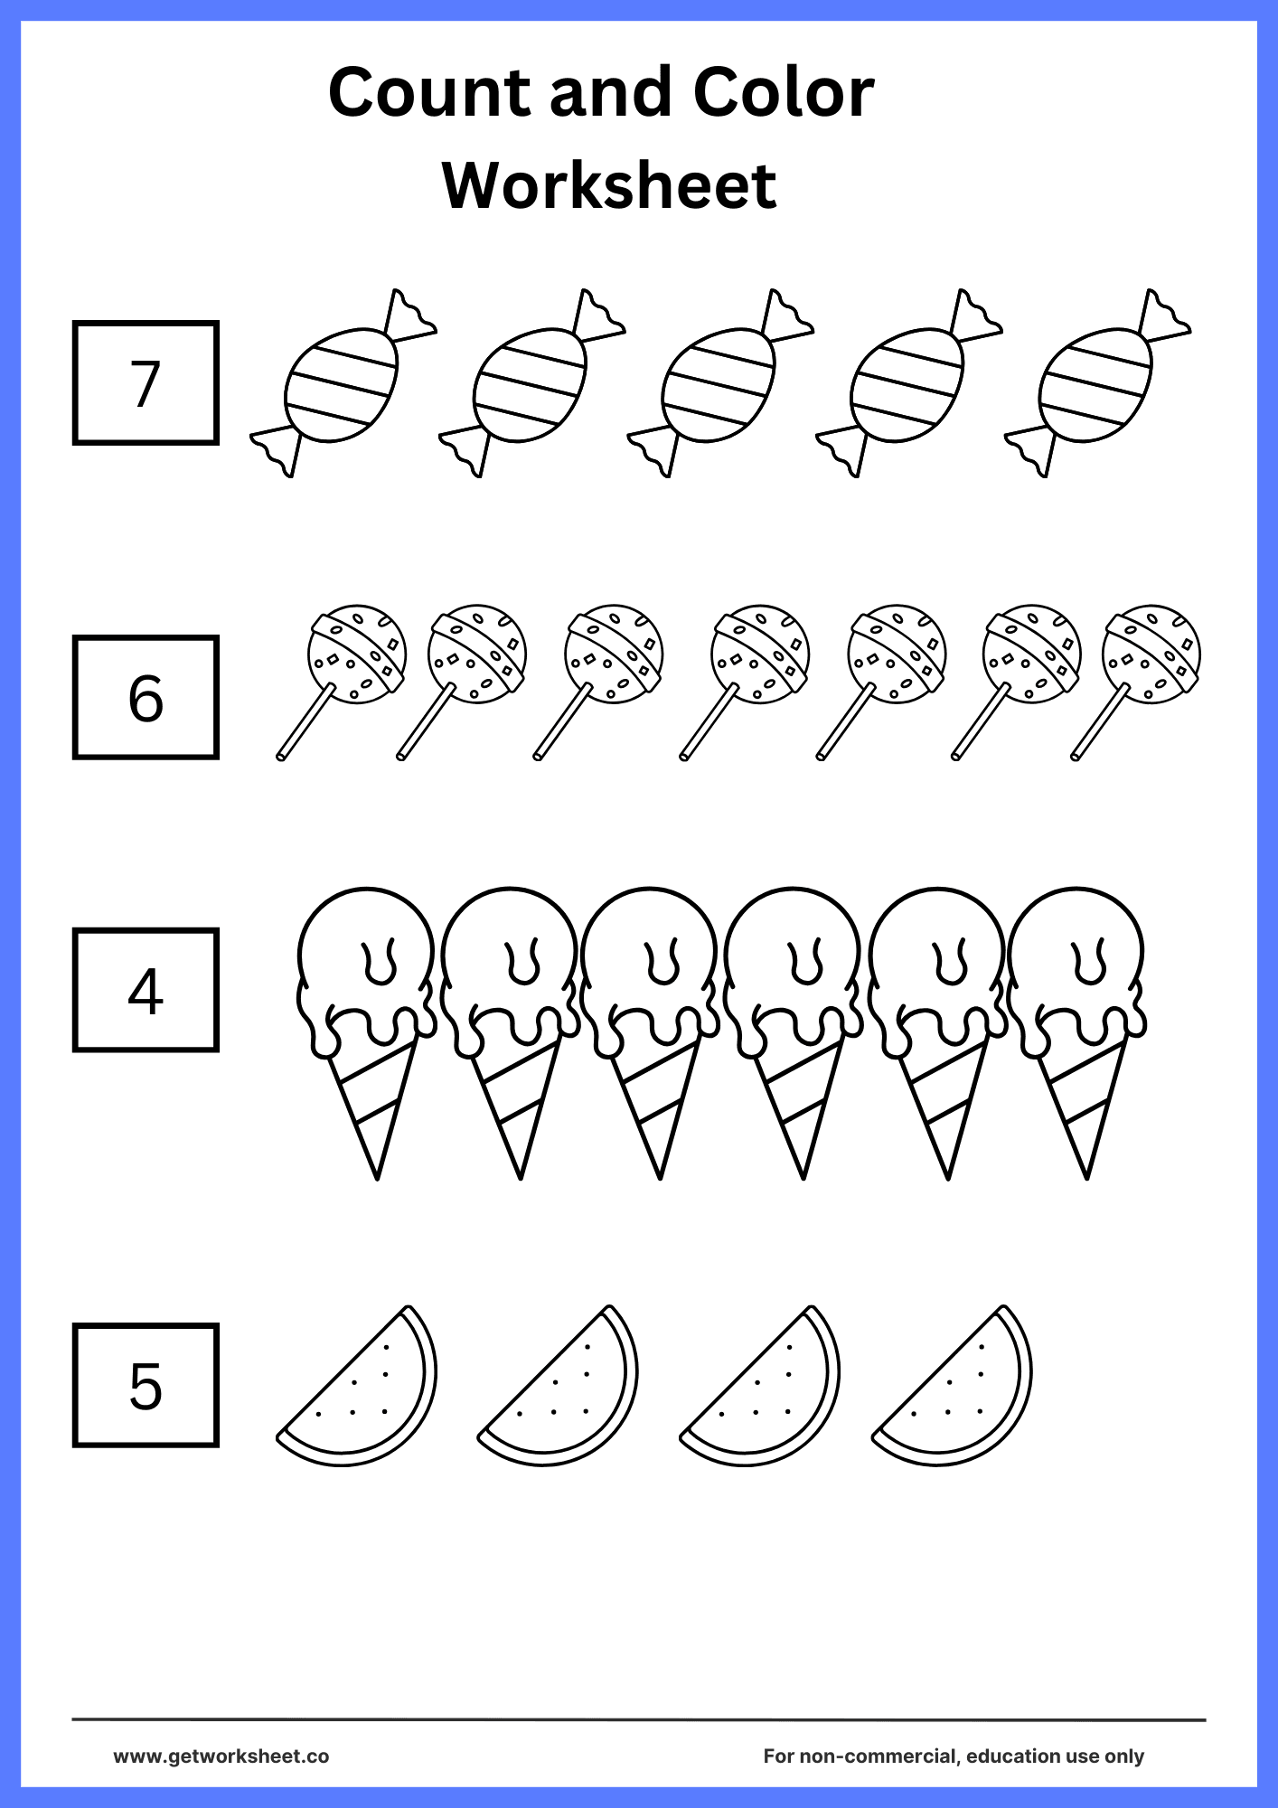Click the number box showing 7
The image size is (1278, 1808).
pyautogui.click(x=146, y=382)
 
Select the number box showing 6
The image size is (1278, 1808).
pyautogui.click(x=146, y=697)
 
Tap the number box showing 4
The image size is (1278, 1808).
pyautogui.click(x=146, y=990)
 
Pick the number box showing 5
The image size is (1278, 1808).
pyautogui.click(x=146, y=1386)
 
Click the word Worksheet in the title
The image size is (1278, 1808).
pyautogui.click(x=609, y=185)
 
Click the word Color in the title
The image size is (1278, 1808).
pyautogui.click(x=783, y=92)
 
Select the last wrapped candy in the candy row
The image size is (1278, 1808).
pyautogui.click(x=1096, y=384)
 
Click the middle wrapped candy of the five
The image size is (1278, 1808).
pyautogui.click(x=719, y=384)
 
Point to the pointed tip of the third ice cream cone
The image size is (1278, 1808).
pyautogui.click(x=661, y=1172)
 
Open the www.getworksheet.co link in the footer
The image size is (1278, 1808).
pyautogui.click(x=221, y=1756)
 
